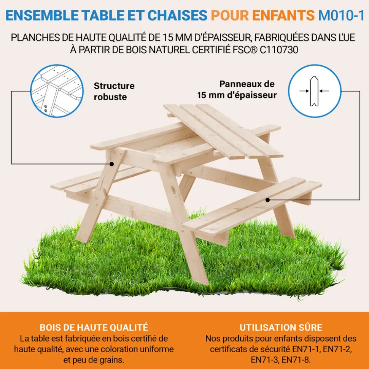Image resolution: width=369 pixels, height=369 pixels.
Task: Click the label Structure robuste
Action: pyautogui.click(x=114, y=91)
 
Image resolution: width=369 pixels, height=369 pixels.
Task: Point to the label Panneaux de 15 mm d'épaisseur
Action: pyautogui.click(x=237, y=89)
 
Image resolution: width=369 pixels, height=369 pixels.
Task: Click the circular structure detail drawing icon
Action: pyautogui.click(x=57, y=91)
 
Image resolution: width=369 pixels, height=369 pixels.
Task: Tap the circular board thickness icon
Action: pyautogui.click(x=313, y=91)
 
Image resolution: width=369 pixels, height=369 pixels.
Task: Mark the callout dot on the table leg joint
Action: pyautogui.click(x=112, y=164)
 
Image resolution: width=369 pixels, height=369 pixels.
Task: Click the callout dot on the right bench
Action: pyautogui.click(x=267, y=200)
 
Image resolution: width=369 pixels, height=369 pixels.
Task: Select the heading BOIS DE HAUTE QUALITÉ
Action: pyautogui.click(x=94, y=327)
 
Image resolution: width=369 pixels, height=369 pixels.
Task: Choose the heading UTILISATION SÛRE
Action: pyautogui.click(x=281, y=328)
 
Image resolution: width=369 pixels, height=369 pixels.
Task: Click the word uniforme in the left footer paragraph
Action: pyautogui.click(x=151, y=349)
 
